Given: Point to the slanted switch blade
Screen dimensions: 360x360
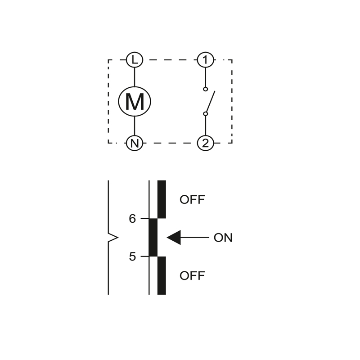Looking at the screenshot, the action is (x=210, y=101).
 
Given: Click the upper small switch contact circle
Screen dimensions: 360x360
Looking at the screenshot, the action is (x=206, y=89).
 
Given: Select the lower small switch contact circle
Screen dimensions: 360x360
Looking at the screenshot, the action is (x=206, y=114).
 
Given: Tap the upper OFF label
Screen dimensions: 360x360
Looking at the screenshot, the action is (x=192, y=199).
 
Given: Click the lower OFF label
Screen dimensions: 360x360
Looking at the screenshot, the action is (x=192, y=275).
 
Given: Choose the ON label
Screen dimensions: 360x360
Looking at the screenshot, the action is (x=223, y=238).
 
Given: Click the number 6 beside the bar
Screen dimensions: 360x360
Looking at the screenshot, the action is (x=132, y=219).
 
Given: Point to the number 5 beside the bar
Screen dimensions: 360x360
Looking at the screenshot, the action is (x=132, y=256).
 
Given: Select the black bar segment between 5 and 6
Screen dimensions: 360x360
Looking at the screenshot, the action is (x=153, y=238).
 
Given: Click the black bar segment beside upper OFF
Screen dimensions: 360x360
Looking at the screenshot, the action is (x=162, y=199).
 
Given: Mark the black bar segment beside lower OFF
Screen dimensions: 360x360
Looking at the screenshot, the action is (x=162, y=275).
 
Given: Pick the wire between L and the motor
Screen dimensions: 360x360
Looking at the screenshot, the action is (x=135, y=77).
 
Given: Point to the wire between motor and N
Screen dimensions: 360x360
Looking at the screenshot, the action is (x=135, y=126).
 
